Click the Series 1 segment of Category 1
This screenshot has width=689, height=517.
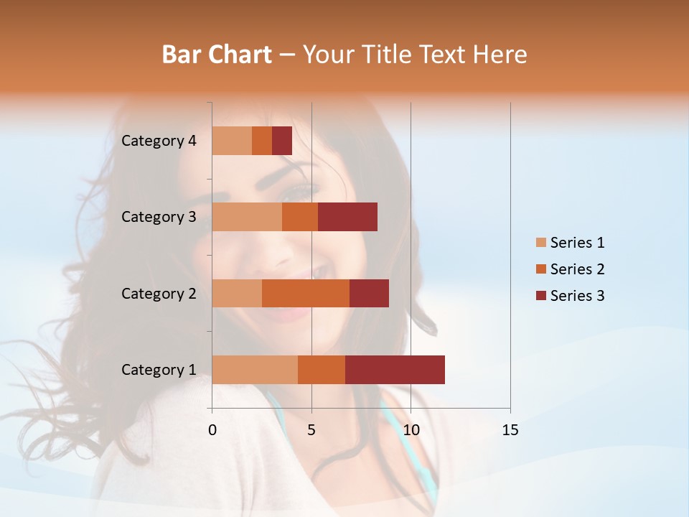click(x=255, y=369)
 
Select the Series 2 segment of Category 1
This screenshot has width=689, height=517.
click(x=322, y=369)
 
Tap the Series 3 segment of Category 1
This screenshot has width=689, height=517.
click(x=395, y=369)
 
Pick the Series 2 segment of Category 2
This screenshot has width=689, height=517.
click(x=306, y=293)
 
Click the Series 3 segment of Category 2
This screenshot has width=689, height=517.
click(x=369, y=293)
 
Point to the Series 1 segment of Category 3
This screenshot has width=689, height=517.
click(x=247, y=217)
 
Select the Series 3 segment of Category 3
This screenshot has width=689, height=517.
click(x=347, y=217)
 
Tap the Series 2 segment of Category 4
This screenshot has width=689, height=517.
click(x=262, y=141)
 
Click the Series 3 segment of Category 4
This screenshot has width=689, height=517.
click(x=282, y=141)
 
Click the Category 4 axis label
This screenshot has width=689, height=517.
click(x=159, y=141)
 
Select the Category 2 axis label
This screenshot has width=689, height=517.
click(x=159, y=293)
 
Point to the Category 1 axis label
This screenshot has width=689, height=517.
click(x=159, y=370)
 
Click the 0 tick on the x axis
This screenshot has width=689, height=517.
click(x=212, y=430)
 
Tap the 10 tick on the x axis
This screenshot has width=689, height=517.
click(x=411, y=430)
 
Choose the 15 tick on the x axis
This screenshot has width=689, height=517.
click(x=510, y=430)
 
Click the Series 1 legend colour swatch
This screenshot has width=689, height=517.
click(x=541, y=243)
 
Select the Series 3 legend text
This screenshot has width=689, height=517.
click(x=577, y=296)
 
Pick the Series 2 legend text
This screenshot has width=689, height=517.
click(x=577, y=269)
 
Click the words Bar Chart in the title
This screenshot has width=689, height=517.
click(x=217, y=55)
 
